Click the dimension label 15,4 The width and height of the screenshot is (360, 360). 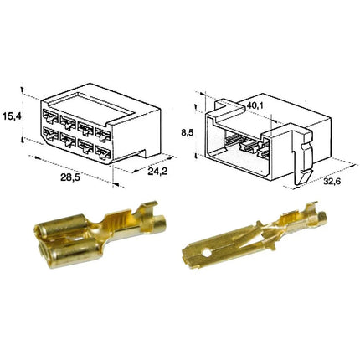pyautogui.click(x=12, y=116)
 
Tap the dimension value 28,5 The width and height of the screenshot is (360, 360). pyautogui.click(x=70, y=177)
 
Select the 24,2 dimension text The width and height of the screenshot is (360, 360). pyautogui.click(x=157, y=171)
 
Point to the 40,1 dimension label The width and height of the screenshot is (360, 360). pyautogui.click(x=255, y=105)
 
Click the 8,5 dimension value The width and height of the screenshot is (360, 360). pyautogui.click(x=188, y=133)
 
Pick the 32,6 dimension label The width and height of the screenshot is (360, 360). pyautogui.click(x=333, y=181)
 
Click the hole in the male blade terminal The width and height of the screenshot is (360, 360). pyautogui.click(x=207, y=254)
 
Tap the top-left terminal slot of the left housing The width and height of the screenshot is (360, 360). pyautogui.click(x=50, y=116)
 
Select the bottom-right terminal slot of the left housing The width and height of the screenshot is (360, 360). pyautogui.click(x=103, y=152)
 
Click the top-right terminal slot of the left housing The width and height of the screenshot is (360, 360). pyautogui.click(x=103, y=134)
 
